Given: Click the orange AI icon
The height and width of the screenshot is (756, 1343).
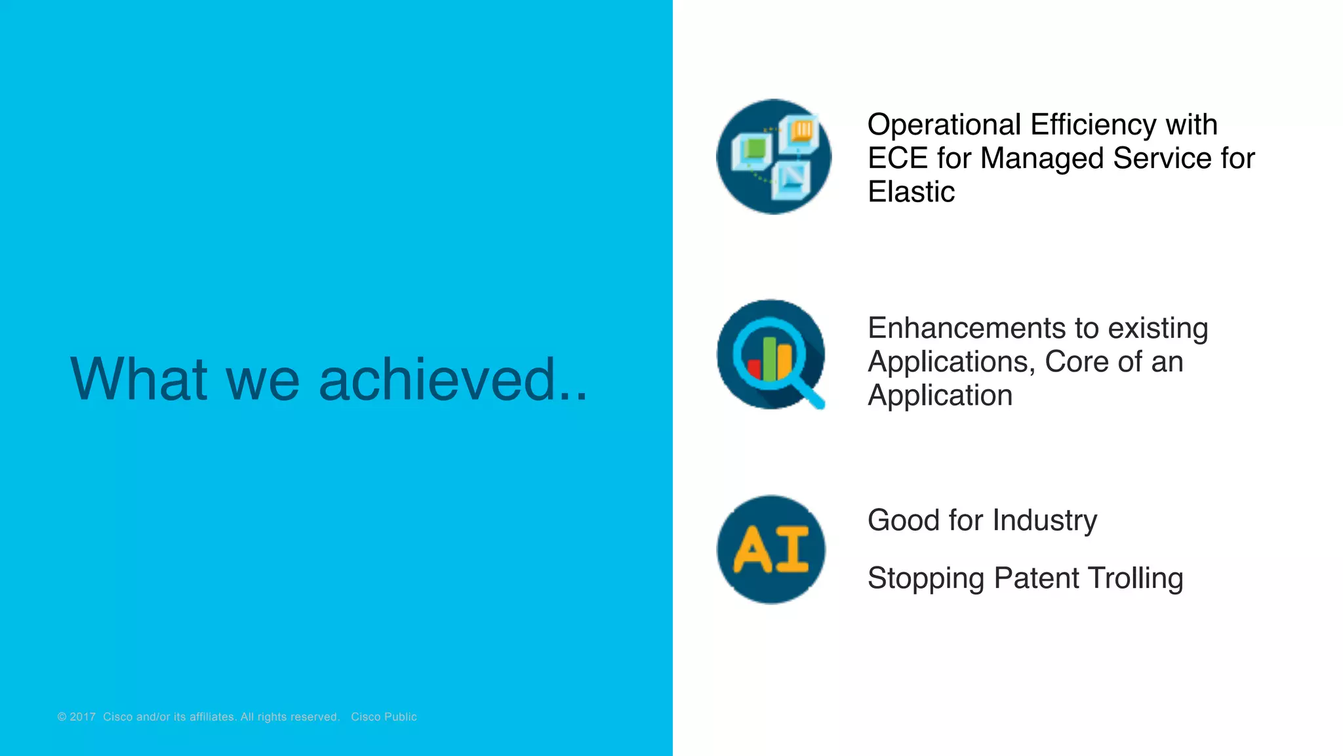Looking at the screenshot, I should tap(771, 550).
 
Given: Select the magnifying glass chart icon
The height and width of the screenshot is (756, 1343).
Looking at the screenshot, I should tap(771, 355).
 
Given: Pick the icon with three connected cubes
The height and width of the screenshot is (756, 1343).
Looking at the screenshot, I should tap(774, 157).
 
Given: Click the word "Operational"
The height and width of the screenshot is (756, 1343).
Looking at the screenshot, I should tap(944, 125).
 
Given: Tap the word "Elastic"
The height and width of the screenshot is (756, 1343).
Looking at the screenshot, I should tap(911, 192).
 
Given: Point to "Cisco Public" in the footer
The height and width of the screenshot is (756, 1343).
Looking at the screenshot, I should tap(384, 717).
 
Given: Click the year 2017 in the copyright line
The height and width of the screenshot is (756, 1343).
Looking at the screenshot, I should tap(83, 717).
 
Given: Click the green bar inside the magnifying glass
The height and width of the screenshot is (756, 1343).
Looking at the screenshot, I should tap(769, 358).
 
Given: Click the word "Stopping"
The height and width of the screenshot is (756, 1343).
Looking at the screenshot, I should tap(925, 579).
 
